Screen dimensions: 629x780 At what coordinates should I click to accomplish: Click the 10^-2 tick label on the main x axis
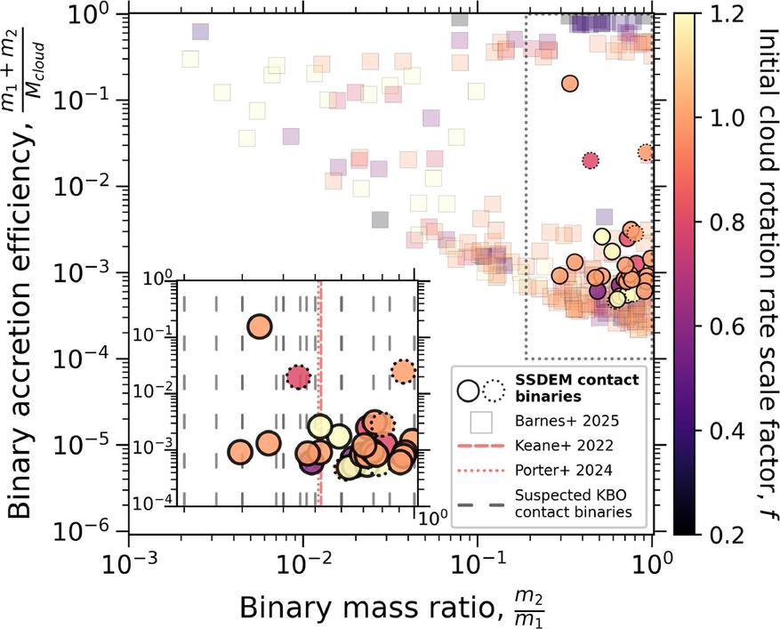point(303,565)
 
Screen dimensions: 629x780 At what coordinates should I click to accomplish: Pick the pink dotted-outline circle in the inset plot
point(298,377)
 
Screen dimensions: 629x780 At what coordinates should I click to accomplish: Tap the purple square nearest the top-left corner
point(201,32)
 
